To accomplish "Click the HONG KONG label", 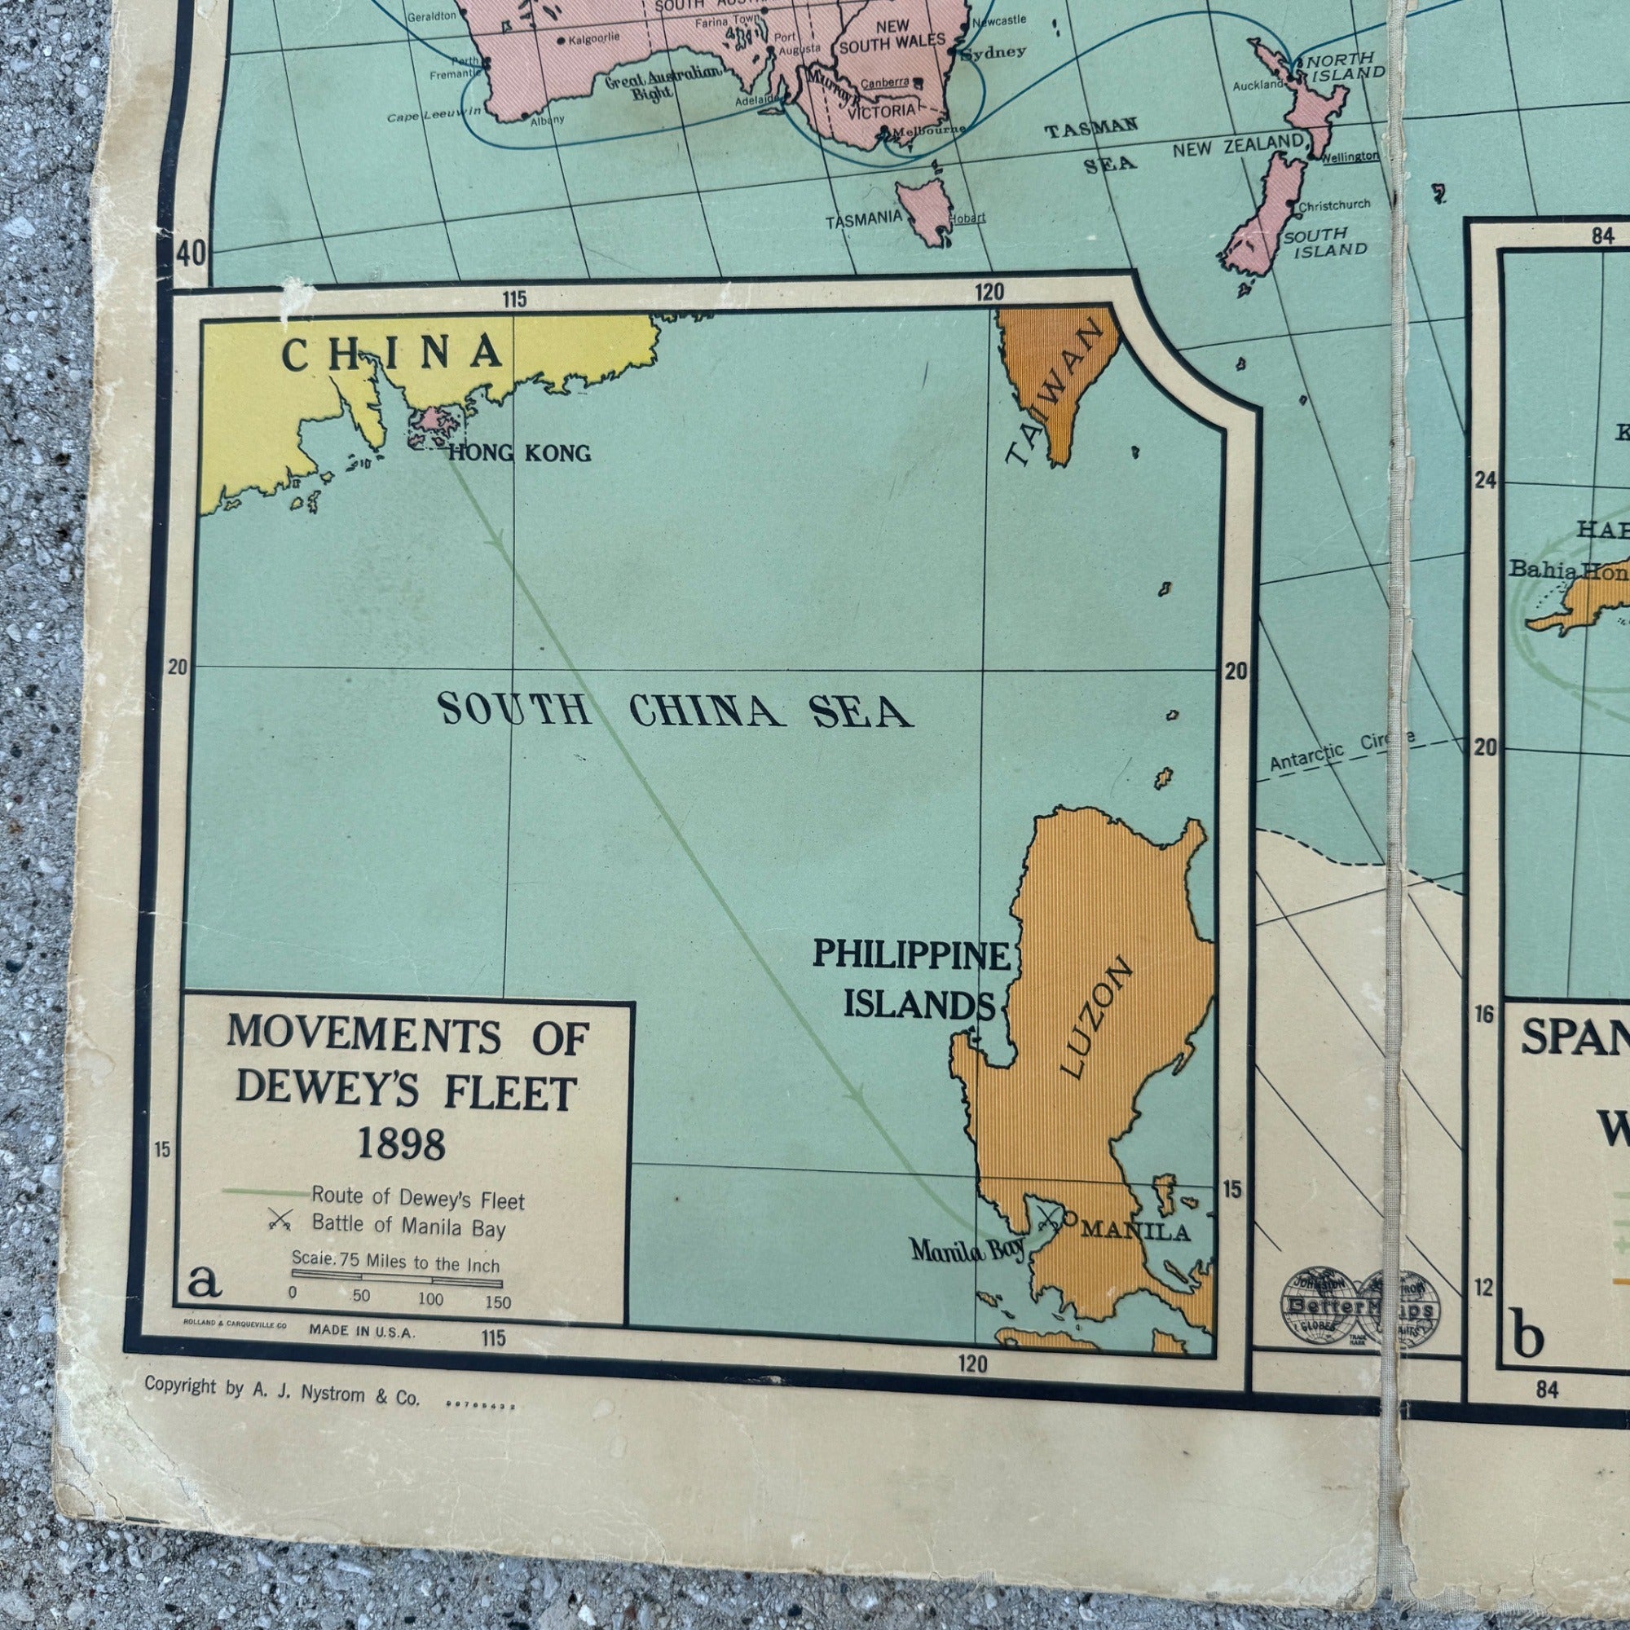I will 519,453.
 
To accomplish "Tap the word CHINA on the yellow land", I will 391,354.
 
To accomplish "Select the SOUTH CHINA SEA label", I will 675,711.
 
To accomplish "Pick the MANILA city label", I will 1134,1231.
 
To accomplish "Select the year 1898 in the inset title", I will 402,1143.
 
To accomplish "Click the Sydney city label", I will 993,51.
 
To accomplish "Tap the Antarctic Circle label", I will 1341,750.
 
